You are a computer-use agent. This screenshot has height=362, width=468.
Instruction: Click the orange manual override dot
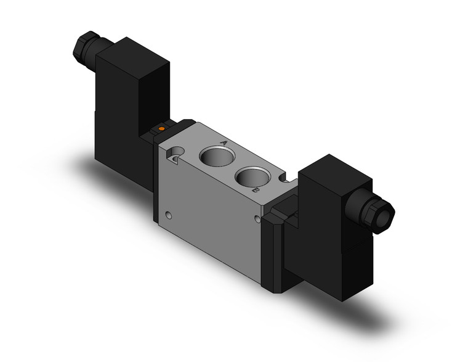coord(161,129)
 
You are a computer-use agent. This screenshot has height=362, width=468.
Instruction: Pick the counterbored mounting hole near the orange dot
coord(177,152)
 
